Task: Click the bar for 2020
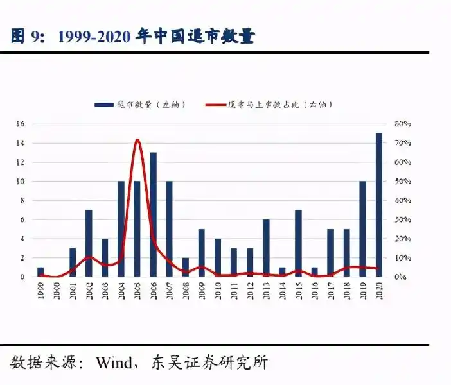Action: [379, 205]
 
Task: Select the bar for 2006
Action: [153, 215]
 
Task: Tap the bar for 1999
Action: [40, 272]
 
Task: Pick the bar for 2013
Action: [266, 248]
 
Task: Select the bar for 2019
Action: [363, 229]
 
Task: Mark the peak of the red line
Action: [137, 140]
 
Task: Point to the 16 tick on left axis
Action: [21, 124]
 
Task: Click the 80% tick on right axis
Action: [402, 124]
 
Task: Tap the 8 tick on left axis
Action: [22, 201]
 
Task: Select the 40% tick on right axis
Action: [402, 201]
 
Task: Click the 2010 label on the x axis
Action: [218, 291]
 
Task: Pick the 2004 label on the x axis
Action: [121, 291]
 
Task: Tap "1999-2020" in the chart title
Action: [94, 37]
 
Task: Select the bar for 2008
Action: [185, 268]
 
